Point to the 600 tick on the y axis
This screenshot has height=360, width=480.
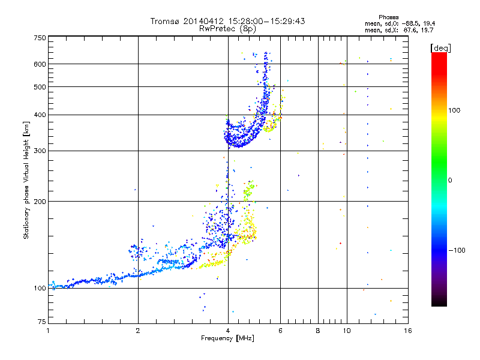40,64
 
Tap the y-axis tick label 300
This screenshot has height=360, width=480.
40,151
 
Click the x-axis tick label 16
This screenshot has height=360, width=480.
407,331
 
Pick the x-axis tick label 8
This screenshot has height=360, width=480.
318,331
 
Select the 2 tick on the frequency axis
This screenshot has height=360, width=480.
138,331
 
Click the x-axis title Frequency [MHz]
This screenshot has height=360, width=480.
227,339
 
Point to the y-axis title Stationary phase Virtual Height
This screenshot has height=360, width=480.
26,180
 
